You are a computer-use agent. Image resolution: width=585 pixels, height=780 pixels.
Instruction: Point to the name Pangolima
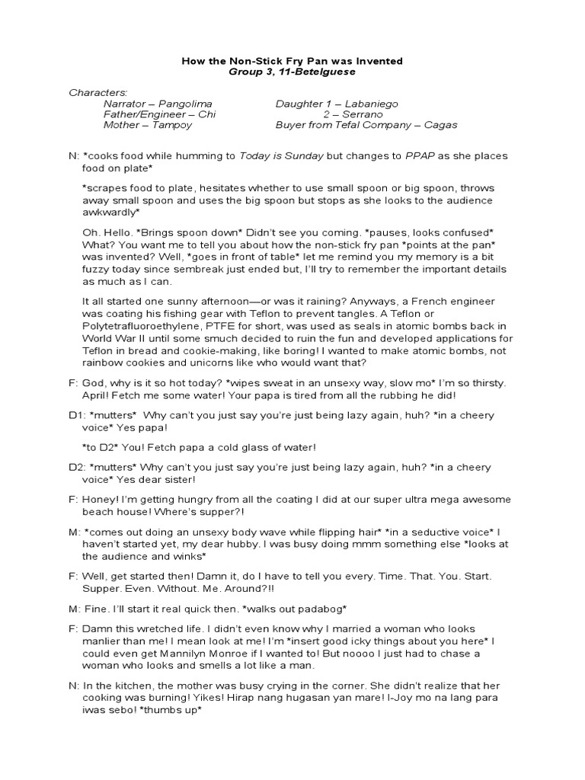[x=185, y=103]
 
